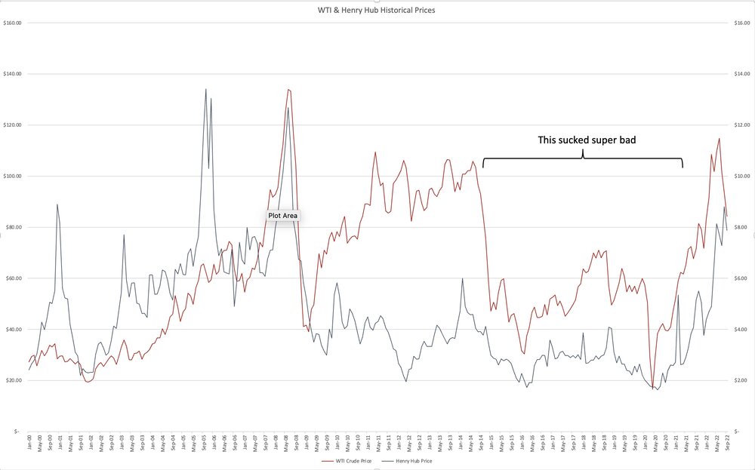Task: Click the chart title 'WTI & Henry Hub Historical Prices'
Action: (377, 11)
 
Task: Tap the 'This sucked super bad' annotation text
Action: (582, 140)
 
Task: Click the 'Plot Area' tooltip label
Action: (283, 216)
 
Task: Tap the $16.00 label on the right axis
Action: (741, 23)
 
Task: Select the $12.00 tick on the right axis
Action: (741, 124)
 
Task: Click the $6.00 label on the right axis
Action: (741, 278)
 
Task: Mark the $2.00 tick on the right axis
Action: (741, 380)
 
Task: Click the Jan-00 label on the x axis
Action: (29, 443)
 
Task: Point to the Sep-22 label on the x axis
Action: (726, 443)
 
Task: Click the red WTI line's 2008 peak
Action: (288, 90)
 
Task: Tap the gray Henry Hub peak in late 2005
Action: (205, 89)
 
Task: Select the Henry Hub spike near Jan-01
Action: (57, 204)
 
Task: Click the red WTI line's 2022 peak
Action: (719, 138)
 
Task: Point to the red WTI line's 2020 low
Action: (652, 388)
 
